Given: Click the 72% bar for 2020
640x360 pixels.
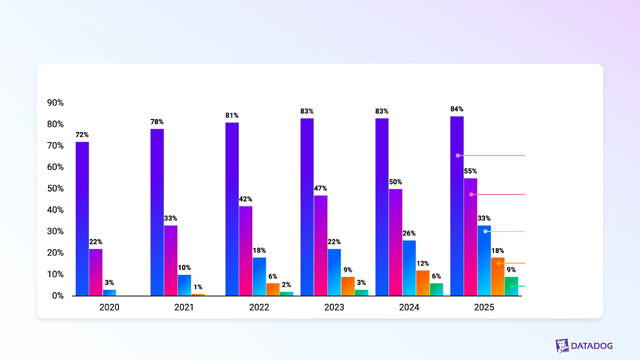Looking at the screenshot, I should (x=82, y=218).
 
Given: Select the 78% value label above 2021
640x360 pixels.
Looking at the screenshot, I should (x=157, y=122).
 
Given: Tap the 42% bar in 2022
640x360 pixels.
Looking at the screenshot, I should (x=245, y=251).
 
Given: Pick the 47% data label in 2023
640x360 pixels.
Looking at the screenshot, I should (x=320, y=188).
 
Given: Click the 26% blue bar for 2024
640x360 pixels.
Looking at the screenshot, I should (x=409, y=268).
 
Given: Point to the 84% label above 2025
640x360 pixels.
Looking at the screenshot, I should (x=457, y=109).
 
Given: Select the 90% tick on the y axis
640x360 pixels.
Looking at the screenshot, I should (x=55, y=103).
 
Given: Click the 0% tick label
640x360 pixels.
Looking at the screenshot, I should (x=58, y=296).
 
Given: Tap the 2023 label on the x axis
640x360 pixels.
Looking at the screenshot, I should (x=334, y=307).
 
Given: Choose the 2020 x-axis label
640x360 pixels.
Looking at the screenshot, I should (x=109, y=307).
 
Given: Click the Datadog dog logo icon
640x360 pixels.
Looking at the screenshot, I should (x=562, y=346).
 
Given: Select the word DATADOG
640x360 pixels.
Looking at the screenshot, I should (x=592, y=346).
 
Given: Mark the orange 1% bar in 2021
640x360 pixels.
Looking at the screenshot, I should (x=198, y=295).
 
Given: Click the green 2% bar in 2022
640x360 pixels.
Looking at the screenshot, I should (x=286, y=294).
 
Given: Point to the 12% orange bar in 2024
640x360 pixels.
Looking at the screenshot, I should (x=423, y=283).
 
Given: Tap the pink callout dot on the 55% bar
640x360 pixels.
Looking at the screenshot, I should (x=471, y=194).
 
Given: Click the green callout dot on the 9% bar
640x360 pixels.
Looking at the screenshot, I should (x=512, y=286).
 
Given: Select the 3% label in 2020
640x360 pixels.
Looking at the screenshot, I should (x=109, y=283).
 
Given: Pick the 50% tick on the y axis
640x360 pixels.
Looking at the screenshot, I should (x=55, y=188).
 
